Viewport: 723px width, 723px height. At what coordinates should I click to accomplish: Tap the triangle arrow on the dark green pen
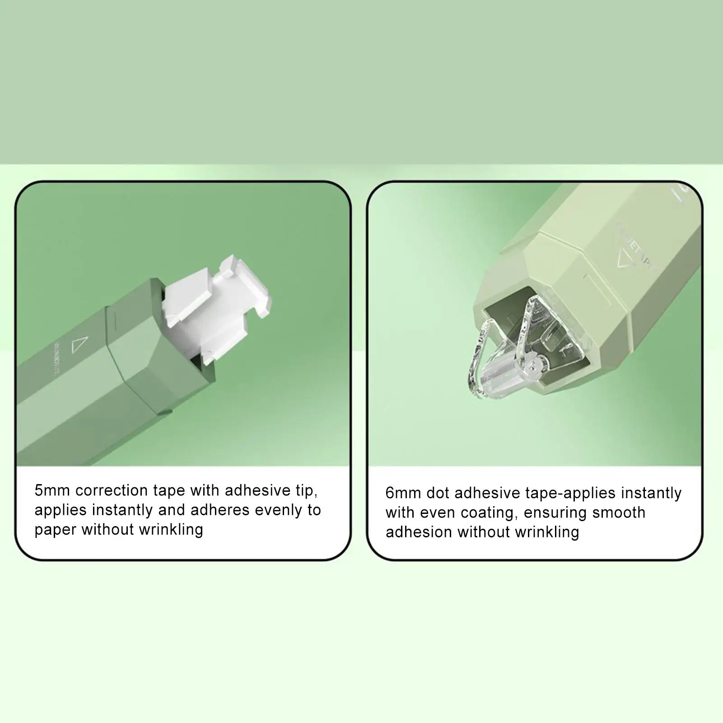78,345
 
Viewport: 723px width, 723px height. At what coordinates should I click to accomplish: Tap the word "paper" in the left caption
56,530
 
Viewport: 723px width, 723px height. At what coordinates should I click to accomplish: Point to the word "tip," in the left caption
303,490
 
